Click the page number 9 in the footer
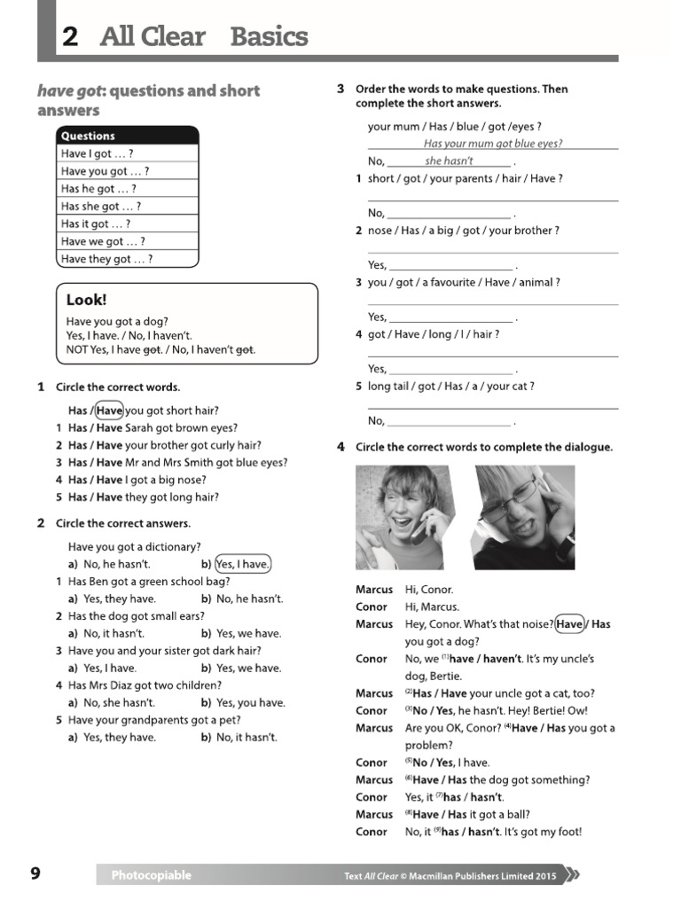tap(35, 874)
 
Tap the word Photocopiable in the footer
tap(151, 875)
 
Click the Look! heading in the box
tap(86, 301)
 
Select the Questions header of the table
tap(88, 136)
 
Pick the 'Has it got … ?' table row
tap(95, 224)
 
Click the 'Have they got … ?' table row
tap(106, 259)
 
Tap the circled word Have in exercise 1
tap(109, 411)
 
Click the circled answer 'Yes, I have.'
tap(243, 564)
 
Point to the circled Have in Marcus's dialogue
tap(570, 624)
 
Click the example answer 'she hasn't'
tap(449, 160)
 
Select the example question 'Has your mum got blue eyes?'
tap(492, 144)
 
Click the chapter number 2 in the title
tap(70, 36)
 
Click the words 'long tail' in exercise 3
tap(390, 387)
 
